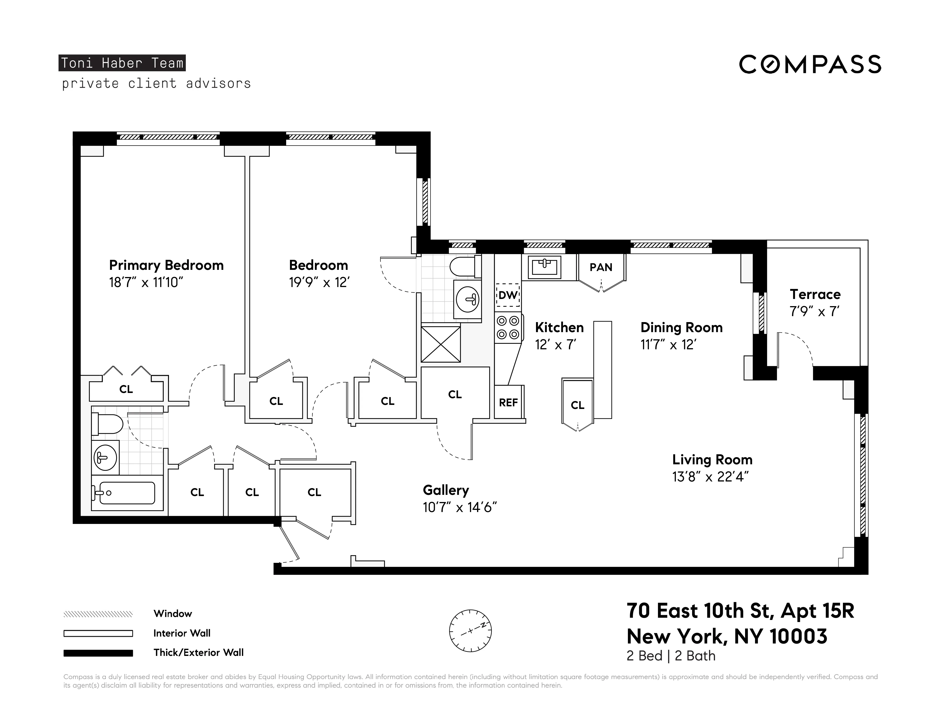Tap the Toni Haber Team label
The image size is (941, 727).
pyautogui.click(x=122, y=63)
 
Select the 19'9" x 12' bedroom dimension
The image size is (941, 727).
pyautogui.click(x=319, y=282)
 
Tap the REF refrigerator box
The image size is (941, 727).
pyautogui.click(x=508, y=402)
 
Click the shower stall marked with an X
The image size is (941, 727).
pyautogui.click(x=440, y=344)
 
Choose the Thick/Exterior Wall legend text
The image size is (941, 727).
pyautogui.click(x=198, y=653)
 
